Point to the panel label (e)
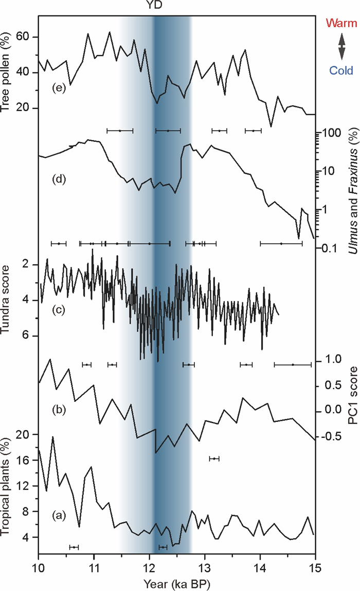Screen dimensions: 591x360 (x=58, y=88)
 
